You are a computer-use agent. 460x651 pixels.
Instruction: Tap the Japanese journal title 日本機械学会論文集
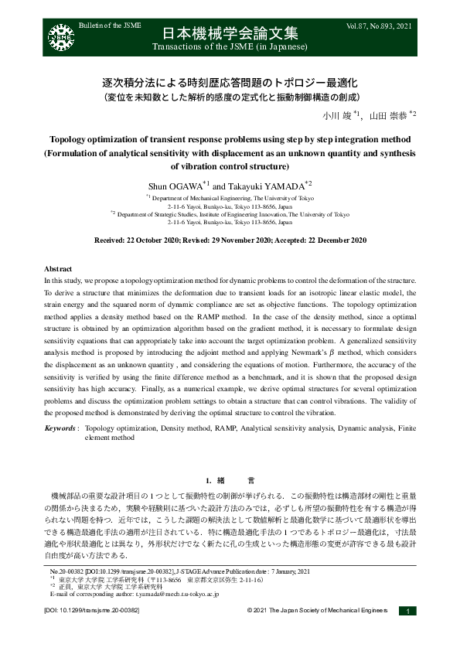(230, 36)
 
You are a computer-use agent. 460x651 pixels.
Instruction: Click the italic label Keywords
(60, 427)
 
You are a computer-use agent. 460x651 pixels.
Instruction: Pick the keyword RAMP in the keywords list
(227, 427)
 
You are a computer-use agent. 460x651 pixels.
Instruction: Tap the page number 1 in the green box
(407, 611)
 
